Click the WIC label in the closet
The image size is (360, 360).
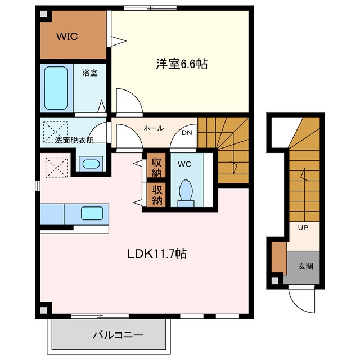coord(67,37)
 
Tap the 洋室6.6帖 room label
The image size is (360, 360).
coord(182,64)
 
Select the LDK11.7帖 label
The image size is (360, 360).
coord(157,254)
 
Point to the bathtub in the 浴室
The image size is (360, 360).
coord(56,88)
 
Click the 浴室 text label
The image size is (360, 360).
coord(90,73)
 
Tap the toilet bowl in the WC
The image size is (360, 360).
coord(186,190)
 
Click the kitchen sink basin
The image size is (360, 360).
coord(92,213)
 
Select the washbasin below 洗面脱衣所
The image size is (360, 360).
coord(91,164)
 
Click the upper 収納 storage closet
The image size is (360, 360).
coord(156,165)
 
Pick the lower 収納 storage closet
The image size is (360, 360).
coord(156,195)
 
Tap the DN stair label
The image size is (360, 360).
coord(187,133)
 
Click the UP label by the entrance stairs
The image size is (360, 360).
coord(303,227)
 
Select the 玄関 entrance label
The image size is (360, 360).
coord(305,266)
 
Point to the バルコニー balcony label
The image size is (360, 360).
coord(118,335)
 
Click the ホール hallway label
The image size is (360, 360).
coord(154,128)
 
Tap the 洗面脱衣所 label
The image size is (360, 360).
coord(74,140)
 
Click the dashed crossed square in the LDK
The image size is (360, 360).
coord(56,168)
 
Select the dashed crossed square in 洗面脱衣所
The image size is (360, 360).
coord(55,132)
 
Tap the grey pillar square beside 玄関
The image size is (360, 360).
coord(275,281)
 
